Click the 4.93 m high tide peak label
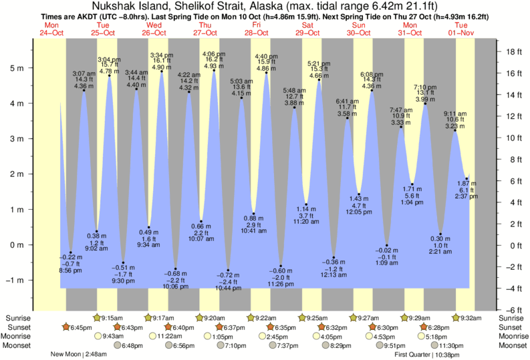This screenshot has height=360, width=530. (x=214, y=66)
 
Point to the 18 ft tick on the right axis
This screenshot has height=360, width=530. (x=511, y=52)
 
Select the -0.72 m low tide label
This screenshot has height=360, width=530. (x=229, y=275)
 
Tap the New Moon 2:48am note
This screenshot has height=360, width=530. (x=81, y=355)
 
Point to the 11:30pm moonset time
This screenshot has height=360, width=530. (x=451, y=345)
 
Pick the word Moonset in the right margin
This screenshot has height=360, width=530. (x=513, y=345)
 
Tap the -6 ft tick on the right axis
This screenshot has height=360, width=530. (x=511, y=310)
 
